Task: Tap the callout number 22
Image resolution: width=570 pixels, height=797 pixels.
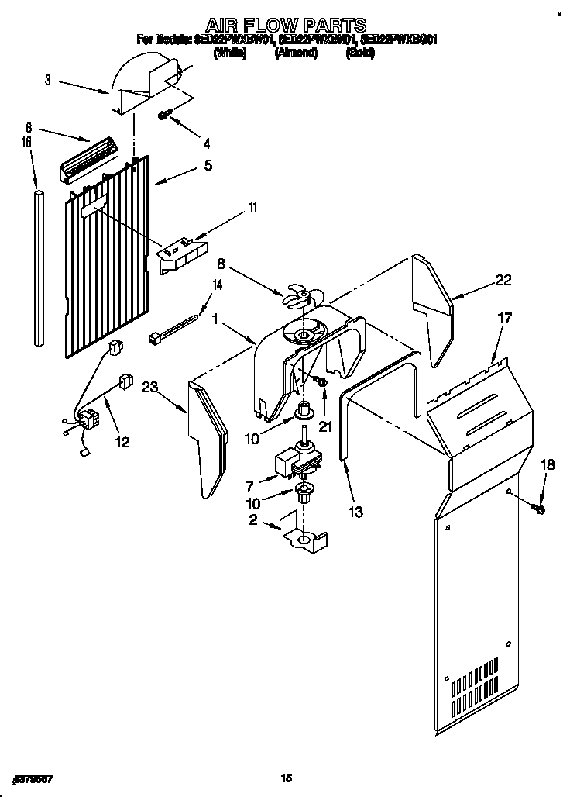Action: click(x=503, y=281)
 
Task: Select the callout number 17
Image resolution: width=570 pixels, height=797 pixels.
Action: click(x=504, y=318)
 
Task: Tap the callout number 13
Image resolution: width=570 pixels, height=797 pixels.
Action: click(x=355, y=512)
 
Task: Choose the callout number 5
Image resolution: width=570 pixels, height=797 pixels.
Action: click(x=207, y=165)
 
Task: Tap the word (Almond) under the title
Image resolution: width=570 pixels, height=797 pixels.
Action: click(x=296, y=53)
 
